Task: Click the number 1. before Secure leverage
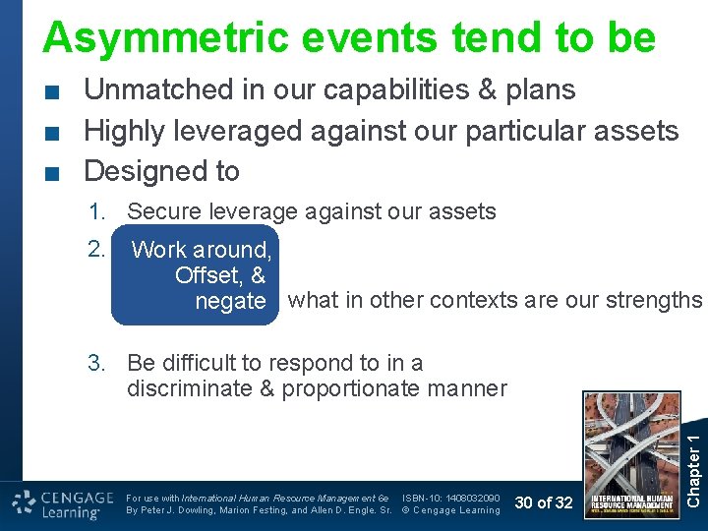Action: click(x=97, y=211)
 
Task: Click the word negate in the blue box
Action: click(x=230, y=301)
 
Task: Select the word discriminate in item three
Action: click(x=189, y=388)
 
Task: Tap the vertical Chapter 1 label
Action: click(x=693, y=450)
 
